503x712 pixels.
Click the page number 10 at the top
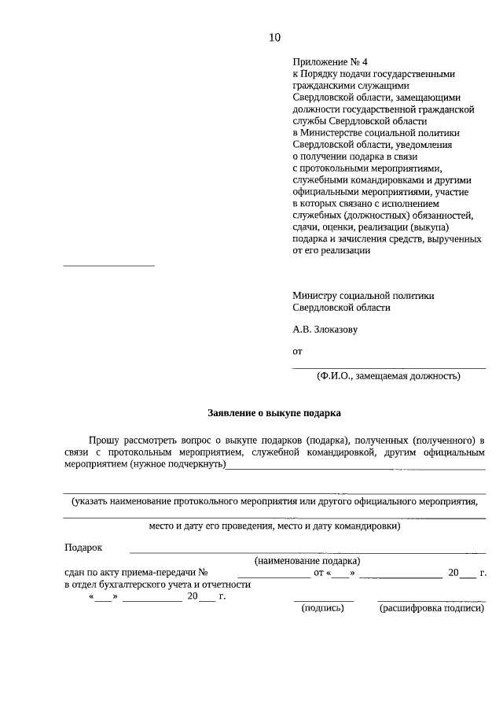click(x=274, y=37)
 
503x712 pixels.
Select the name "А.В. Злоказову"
click(x=325, y=329)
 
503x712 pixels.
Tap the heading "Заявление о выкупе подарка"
click(x=274, y=411)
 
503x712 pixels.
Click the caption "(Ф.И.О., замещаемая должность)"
click(x=389, y=376)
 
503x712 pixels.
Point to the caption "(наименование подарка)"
click(x=307, y=561)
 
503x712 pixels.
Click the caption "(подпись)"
click(x=323, y=607)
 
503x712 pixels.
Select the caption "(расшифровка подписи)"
click(x=431, y=607)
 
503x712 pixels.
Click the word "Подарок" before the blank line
click(x=83, y=548)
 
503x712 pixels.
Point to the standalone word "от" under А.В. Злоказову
click(x=297, y=352)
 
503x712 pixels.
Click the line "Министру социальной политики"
click(x=362, y=295)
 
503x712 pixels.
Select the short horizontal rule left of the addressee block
click(x=108, y=264)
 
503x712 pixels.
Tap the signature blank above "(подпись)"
click(x=323, y=600)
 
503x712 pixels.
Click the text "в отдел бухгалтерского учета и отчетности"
click(x=157, y=585)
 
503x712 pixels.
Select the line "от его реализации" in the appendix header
click(x=331, y=251)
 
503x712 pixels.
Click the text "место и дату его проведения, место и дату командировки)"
click(x=274, y=526)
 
